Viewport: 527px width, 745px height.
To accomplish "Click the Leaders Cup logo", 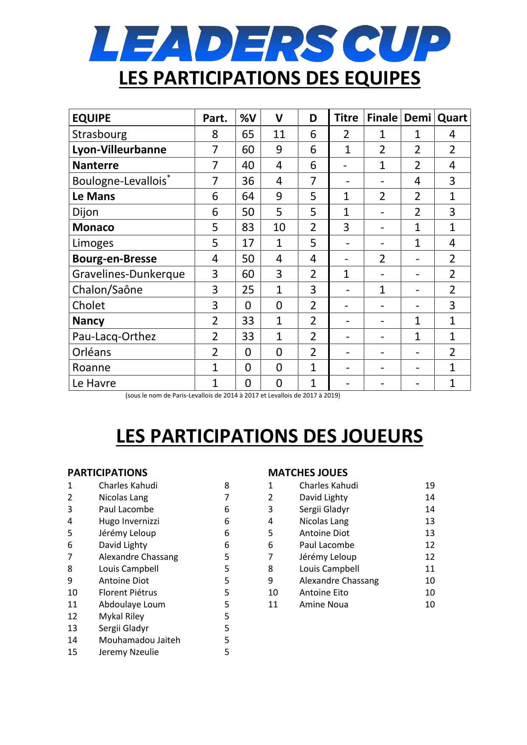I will tap(269, 43).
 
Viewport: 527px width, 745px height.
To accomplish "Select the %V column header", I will tap(248, 118).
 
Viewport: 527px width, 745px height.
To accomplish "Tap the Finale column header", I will tap(382, 118).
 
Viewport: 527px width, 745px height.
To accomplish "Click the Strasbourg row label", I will tap(99, 134).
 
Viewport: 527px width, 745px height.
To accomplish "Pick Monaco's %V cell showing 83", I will tap(248, 227).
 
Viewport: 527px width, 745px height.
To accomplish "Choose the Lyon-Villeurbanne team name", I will tap(119, 150).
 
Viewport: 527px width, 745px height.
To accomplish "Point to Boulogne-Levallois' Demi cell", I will tap(417, 181).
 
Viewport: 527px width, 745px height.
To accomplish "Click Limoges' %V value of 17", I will tap(248, 243).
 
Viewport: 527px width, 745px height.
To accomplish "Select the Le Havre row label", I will tap(94, 383).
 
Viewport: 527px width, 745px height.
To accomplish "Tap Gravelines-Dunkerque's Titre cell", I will tap(346, 274).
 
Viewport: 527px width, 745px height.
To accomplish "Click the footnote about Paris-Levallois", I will tap(232, 395).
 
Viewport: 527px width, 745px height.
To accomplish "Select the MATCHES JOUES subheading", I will tap(308, 472).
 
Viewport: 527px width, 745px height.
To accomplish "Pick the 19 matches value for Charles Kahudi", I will tap(430, 485).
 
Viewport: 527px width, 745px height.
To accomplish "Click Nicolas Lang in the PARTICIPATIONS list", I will tap(123, 497).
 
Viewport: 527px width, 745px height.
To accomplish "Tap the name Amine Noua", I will tap(323, 604).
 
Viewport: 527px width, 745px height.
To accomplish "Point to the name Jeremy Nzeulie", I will tap(128, 652).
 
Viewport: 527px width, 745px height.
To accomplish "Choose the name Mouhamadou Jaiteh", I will tap(139, 640).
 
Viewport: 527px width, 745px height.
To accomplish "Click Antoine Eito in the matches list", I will tap(323, 593).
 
